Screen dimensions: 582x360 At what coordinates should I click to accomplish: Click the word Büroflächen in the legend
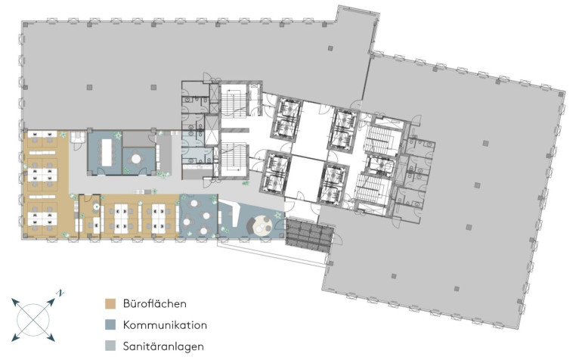coord(154,303)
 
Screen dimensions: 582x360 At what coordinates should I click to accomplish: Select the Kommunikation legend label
coord(165,325)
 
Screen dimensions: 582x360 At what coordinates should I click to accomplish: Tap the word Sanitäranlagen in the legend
coord(163,346)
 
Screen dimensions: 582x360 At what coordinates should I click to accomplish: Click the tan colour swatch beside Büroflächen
coord(110,303)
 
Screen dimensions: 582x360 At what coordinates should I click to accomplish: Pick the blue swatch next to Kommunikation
coord(110,325)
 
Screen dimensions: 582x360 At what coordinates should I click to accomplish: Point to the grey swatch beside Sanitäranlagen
coord(110,346)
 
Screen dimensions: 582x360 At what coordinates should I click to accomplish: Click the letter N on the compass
coord(60,293)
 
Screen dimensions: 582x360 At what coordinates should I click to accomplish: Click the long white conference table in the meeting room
coord(107,152)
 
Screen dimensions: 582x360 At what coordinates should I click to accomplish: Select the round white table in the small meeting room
coord(136,159)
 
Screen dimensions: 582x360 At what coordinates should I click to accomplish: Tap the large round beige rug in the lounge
coord(263,225)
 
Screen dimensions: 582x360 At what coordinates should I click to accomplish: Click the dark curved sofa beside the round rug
coord(250,226)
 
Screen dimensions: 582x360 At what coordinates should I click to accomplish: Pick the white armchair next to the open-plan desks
coord(78,137)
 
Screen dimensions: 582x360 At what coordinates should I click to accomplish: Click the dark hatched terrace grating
coord(309,236)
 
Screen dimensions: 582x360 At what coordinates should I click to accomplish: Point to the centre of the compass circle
coord(34,319)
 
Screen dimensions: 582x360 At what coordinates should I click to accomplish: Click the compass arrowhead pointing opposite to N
coord(16,337)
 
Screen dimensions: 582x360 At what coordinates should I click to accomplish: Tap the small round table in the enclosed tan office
coord(96,206)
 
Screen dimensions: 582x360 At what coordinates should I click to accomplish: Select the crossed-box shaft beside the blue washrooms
coord(212,130)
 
